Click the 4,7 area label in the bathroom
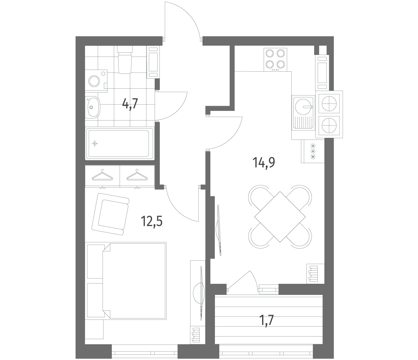click(x=130, y=104)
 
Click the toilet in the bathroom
click(x=124, y=59)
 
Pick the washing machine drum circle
click(x=94, y=81)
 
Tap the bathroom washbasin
click(x=92, y=107)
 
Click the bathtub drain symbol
click(x=95, y=144)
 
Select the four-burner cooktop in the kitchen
click(x=275, y=60)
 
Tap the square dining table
click(x=280, y=217)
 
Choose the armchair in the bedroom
click(x=110, y=214)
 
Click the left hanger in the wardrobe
click(x=102, y=175)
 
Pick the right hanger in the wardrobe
click(x=137, y=175)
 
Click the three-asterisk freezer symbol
click(x=313, y=151)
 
